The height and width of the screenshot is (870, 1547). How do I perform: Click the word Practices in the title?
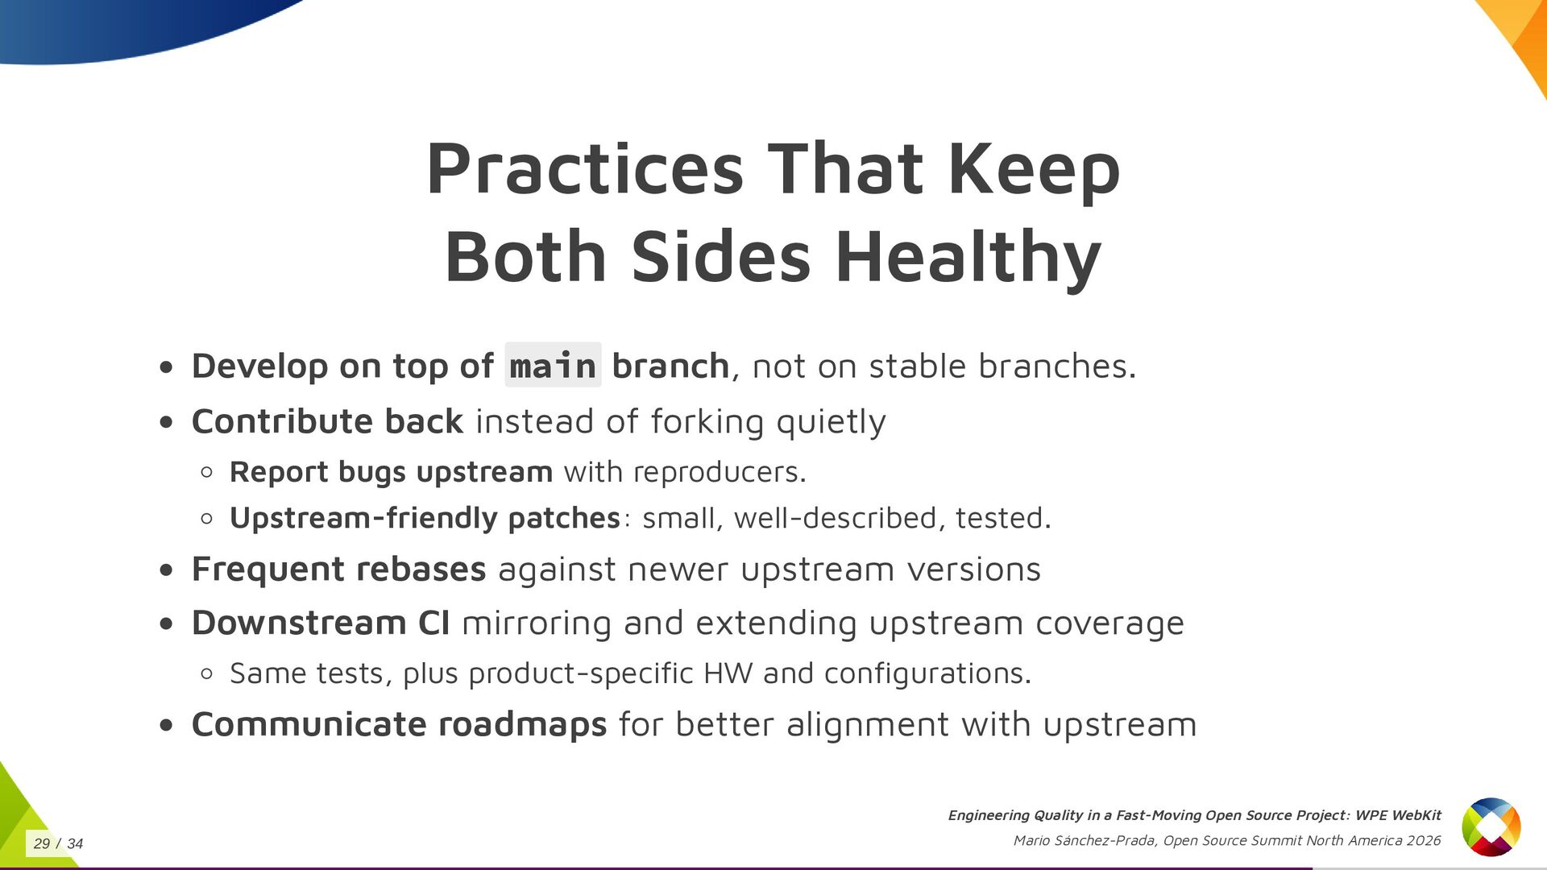(585, 169)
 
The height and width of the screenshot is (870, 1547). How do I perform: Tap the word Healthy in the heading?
(968, 259)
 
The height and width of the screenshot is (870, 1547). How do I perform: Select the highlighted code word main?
(553, 366)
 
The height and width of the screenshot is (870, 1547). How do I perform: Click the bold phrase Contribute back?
(327, 421)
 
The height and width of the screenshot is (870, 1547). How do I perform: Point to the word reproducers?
(720, 473)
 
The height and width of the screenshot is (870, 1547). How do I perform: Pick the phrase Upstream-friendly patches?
(425, 518)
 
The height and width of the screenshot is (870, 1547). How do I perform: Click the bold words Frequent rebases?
(338, 570)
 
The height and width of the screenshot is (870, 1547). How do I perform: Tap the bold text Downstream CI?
(321, 623)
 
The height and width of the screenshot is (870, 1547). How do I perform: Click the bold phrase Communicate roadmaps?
(399, 724)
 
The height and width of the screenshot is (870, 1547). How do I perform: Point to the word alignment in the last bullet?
(868, 725)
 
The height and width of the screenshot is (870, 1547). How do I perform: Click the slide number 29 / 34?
(58, 843)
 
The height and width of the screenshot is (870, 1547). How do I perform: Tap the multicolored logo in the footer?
(1491, 826)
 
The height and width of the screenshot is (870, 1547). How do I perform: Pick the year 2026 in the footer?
(1424, 840)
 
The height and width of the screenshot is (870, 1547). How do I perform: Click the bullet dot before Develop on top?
(166, 368)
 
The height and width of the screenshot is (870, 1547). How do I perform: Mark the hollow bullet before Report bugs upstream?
(206, 473)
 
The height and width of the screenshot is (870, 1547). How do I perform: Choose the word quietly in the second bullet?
(831, 423)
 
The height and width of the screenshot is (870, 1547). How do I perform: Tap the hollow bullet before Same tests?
(206, 673)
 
